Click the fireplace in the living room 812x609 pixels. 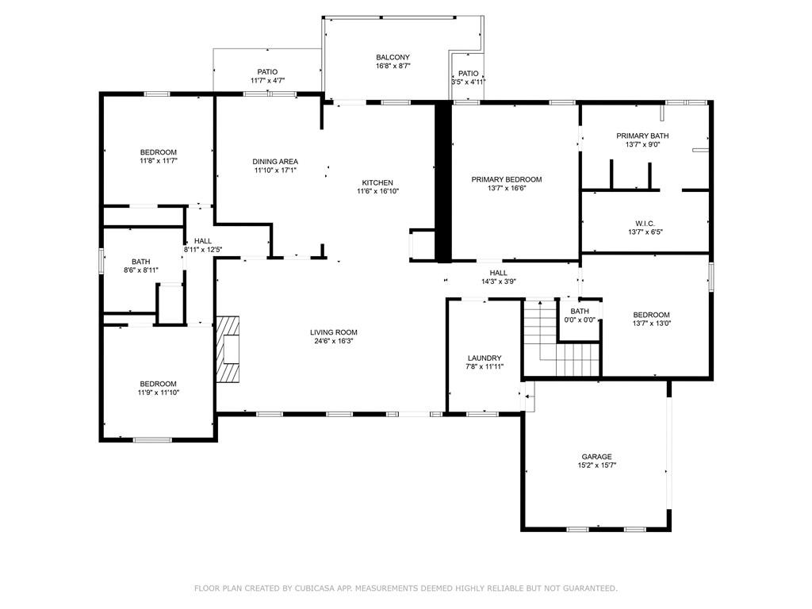[229, 349]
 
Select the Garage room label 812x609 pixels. [596, 457]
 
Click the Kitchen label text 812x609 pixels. [377, 182]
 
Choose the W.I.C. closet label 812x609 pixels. [644, 223]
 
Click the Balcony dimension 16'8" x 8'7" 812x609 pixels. [393, 67]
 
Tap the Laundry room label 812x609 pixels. [484, 358]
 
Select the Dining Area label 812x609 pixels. [275, 161]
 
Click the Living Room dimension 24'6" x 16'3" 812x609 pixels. [333, 342]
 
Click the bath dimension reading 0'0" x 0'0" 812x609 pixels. [580, 320]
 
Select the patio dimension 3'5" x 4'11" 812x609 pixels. [468, 82]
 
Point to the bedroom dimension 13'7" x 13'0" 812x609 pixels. [651, 324]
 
